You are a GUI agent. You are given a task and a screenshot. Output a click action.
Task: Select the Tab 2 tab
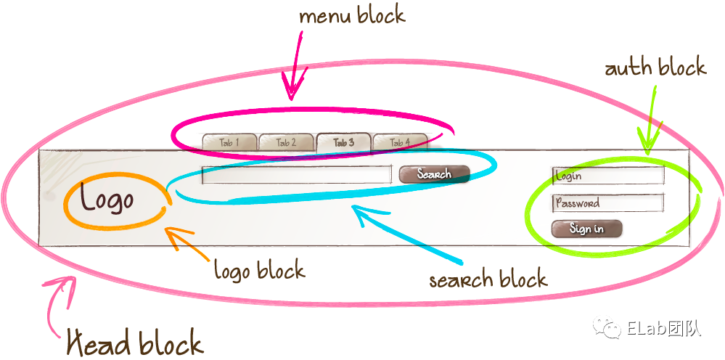point(286,142)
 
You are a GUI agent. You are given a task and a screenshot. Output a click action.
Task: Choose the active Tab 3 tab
point(343,142)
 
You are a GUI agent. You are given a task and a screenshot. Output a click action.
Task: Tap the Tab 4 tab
point(400,142)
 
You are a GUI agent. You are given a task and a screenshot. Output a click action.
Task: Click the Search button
point(434,174)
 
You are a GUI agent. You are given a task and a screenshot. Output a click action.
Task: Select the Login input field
point(608,176)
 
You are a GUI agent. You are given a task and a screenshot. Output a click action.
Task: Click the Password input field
point(608,203)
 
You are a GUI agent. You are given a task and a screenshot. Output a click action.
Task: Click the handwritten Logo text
point(107,199)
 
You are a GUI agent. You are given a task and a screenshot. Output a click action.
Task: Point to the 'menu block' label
point(351,16)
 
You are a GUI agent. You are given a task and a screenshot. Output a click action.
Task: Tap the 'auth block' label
point(655,68)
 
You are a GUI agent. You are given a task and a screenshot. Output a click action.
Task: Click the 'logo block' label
point(259,271)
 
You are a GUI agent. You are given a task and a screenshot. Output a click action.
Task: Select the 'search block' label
point(488,279)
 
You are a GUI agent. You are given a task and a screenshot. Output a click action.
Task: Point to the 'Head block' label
point(135,342)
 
